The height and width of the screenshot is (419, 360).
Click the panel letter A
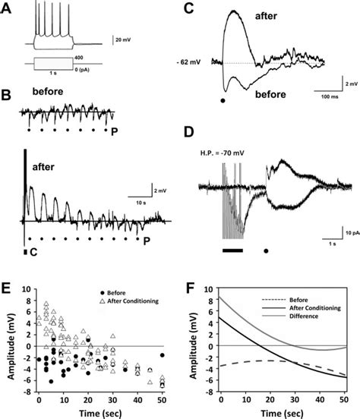[x=7, y=7]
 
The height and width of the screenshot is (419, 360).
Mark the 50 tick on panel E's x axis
[x=162, y=397]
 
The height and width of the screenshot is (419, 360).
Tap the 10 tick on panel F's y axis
[x=210, y=289]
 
